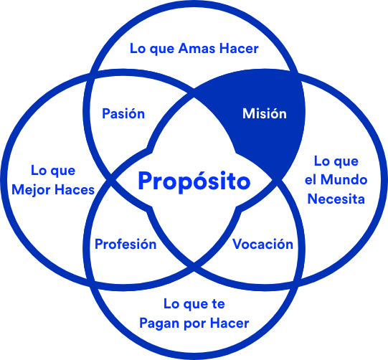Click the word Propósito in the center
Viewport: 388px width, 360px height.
194,181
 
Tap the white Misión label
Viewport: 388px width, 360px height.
265,113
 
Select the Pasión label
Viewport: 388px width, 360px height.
123,113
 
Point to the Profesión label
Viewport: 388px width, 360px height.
126,244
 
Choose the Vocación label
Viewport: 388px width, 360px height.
262,244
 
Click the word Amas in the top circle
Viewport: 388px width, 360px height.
197,48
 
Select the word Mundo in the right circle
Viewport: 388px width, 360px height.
344,179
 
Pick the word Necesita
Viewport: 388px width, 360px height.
336,199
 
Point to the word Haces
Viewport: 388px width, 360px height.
75,190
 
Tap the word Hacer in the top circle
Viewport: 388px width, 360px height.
239,48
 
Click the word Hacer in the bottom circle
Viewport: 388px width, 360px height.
230,323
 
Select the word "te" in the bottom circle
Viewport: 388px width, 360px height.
218,304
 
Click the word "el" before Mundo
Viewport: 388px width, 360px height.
311,179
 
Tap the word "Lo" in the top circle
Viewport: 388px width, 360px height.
138,48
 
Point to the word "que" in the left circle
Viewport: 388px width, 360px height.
64,171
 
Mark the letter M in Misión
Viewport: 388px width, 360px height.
248,113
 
